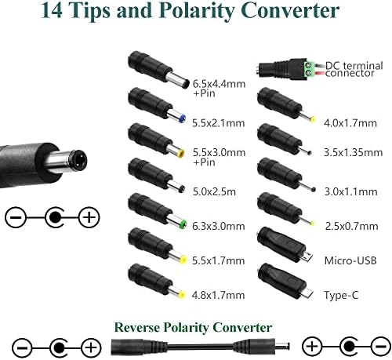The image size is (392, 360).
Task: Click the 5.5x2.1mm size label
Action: click(219, 123)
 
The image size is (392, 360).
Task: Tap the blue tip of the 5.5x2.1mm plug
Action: click(182, 119)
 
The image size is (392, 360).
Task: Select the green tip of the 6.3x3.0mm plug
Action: click(183, 224)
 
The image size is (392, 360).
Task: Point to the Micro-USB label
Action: click(350, 260)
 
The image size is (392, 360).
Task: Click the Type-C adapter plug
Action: click(285, 282)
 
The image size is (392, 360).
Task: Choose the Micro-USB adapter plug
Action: click(285, 245)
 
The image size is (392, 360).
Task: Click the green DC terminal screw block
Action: click(309, 69)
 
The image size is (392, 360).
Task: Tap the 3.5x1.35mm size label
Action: click(354, 153)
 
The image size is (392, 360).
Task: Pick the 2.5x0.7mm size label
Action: click(351, 227)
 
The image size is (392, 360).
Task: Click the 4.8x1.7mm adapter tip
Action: click(157, 282)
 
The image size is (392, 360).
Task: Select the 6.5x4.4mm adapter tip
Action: click(158, 70)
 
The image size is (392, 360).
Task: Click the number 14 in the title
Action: click(52, 10)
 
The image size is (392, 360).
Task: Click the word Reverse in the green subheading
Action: click(137, 328)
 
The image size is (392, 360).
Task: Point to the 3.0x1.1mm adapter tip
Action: click(286, 175)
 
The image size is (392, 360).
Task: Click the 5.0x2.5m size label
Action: click(214, 192)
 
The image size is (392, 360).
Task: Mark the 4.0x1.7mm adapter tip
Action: click(286, 105)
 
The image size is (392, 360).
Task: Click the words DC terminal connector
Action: click(354, 69)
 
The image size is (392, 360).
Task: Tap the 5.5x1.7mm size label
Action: click(219, 260)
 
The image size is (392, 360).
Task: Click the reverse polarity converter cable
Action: click(201, 347)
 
